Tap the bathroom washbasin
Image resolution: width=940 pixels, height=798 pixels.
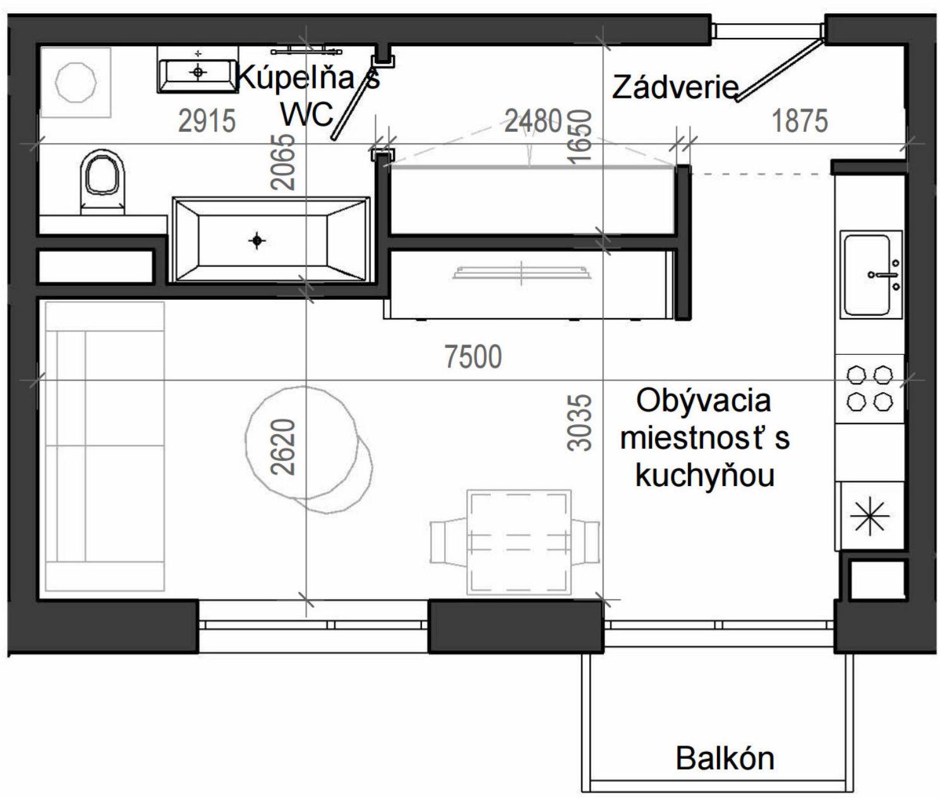click(x=198, y=73)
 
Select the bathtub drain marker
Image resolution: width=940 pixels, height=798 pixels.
click(x=256, y=241)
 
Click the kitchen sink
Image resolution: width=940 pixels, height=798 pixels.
click(x=869, y=275)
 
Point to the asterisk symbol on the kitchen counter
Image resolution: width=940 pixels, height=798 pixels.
click(x=869, y=515)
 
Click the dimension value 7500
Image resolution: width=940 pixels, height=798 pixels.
click(x=473, y=357)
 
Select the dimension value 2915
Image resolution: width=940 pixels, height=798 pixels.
click(x=207, y=121)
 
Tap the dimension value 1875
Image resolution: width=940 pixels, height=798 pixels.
click(x=799, y=121)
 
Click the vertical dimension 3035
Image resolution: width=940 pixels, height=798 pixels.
click(x=580, y=423)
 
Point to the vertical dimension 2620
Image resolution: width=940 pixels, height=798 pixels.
click(x=284, y=446)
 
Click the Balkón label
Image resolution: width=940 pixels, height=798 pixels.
click(x=725, y=758)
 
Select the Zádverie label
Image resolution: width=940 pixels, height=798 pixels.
click(x=675, y=87)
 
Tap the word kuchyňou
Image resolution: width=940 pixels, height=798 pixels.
click(x=704, y=475)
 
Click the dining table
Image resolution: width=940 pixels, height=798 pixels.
click(x=518, y=542)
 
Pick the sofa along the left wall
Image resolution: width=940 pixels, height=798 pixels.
click(x=104, y=446)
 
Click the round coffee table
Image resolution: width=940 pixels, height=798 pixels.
click(x=302, y=441)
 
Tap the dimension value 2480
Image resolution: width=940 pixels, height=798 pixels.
click(x=533, y=120)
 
